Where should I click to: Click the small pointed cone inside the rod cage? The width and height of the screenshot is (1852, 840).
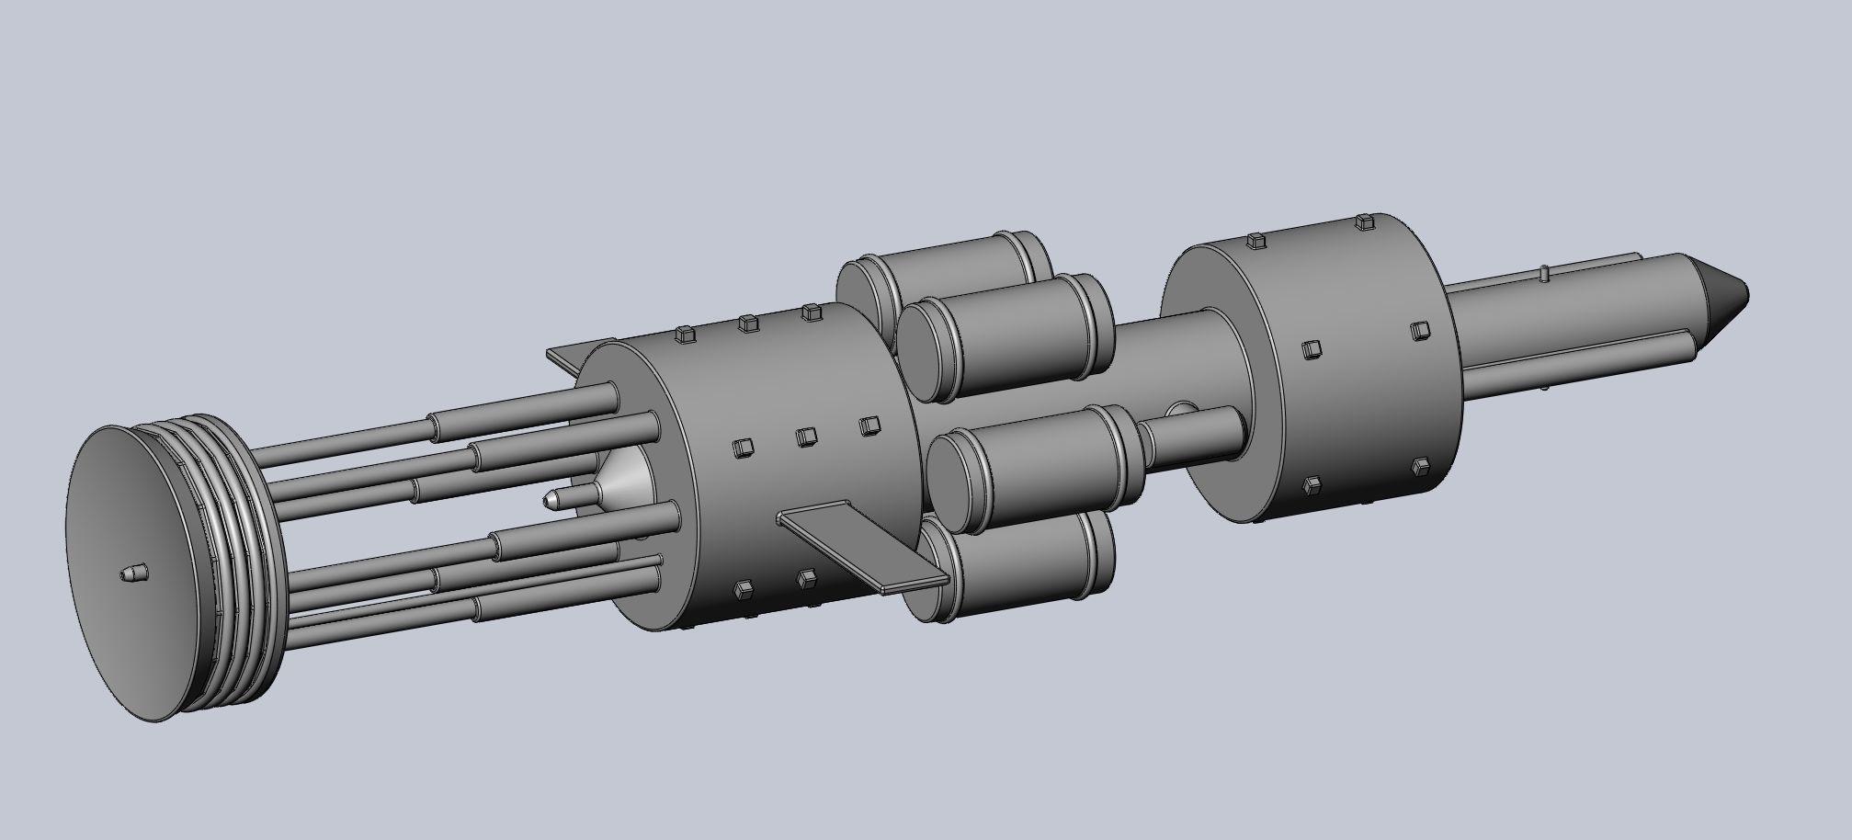pos(551,500)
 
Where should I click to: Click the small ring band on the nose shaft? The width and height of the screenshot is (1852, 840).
pos(1544,273)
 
